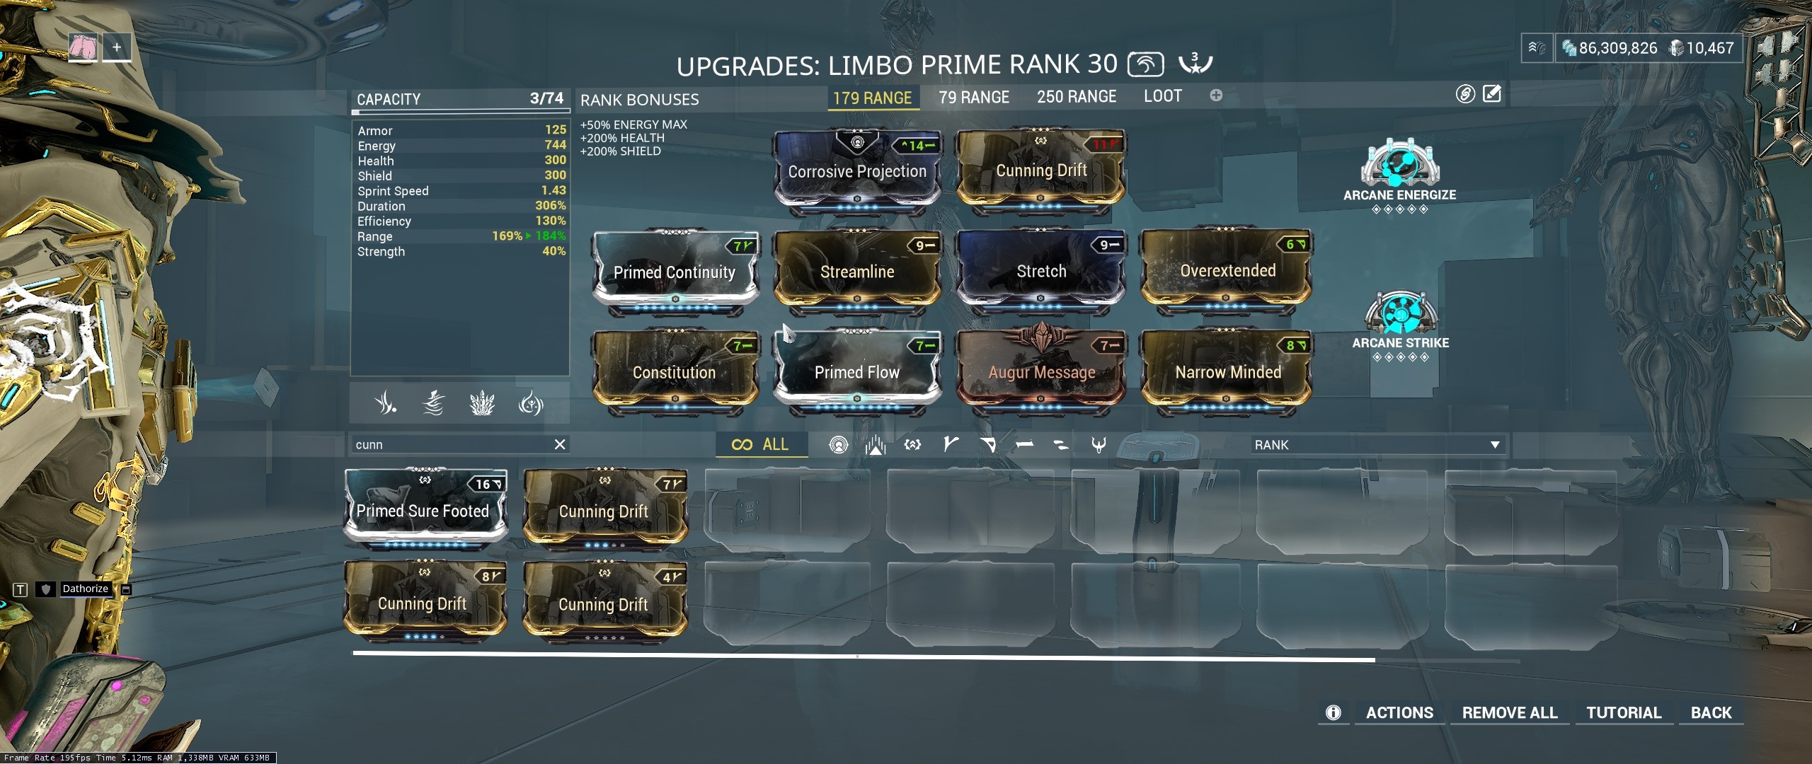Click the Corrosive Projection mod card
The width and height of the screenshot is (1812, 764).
856,171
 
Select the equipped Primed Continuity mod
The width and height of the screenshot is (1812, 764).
675,272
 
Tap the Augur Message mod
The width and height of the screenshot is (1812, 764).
1041,372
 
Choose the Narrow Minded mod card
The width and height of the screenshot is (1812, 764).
1227,372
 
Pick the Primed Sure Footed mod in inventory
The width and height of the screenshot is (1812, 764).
423,511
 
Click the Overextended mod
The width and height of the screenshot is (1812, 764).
1227,271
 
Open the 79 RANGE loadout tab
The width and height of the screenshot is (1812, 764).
974,97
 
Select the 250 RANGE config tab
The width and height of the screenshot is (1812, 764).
1076,97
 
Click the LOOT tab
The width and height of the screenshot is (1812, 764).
1162,96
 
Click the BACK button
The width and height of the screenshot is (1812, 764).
1711,712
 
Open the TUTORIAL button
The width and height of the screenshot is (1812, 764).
1623,712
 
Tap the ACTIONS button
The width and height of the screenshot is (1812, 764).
1399,712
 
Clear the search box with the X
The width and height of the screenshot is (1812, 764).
559,444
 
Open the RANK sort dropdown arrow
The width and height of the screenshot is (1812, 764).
1495,445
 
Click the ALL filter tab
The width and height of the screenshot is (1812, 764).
762,444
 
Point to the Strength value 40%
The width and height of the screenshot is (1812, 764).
554,251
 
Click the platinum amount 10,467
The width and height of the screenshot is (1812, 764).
1709,48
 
